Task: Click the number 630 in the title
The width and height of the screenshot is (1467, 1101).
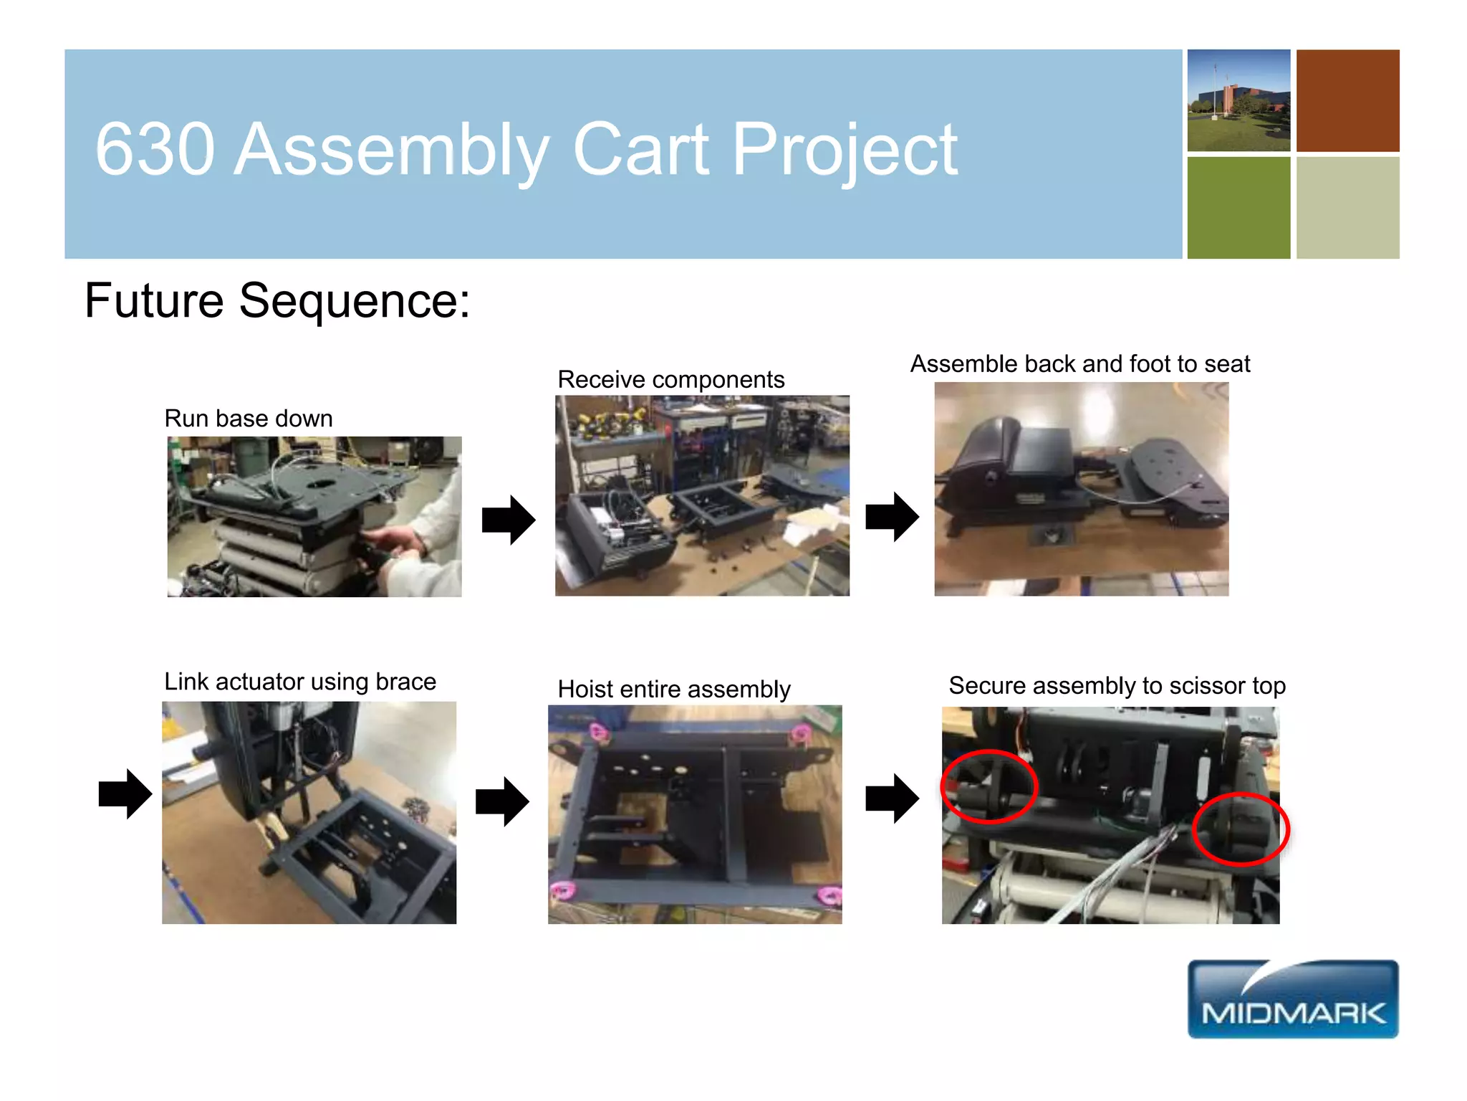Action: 155,149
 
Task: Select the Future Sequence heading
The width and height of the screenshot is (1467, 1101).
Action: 277,300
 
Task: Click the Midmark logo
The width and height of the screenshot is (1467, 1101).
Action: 1292,998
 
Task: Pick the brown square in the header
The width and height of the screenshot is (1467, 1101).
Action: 1347,100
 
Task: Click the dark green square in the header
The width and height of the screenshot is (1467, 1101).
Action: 1238,208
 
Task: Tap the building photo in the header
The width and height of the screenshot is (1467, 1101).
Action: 1238,100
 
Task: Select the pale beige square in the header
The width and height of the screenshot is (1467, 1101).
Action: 1347,208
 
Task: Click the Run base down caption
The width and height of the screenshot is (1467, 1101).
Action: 249,418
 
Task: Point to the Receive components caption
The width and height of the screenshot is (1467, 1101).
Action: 670,379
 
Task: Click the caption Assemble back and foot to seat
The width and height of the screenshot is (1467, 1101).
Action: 1079,364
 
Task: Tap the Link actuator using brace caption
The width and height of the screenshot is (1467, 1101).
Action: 300,681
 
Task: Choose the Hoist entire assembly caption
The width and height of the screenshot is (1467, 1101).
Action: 673,689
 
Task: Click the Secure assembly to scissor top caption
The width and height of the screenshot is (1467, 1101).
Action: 1117,685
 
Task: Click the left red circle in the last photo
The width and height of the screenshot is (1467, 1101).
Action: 989,786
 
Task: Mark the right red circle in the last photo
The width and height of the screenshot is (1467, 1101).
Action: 1240,829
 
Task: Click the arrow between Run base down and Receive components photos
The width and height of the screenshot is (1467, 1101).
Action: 508,520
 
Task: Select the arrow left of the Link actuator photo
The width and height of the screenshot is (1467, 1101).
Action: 125,793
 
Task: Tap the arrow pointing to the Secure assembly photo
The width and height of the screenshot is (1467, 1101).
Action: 891,798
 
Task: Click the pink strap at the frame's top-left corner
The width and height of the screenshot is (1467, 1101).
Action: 599,731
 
